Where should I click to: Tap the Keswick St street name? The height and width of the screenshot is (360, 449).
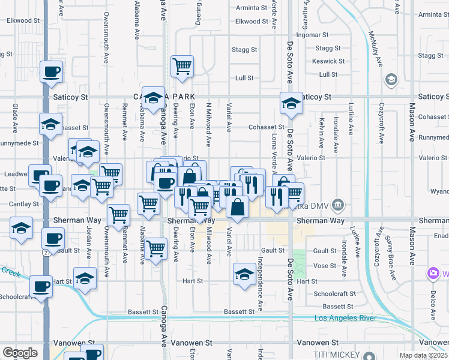(324, 61)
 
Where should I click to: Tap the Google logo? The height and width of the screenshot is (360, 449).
(20, 353)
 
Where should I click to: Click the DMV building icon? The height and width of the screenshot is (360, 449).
(338, 205)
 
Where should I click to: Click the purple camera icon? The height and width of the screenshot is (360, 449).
(433, 274)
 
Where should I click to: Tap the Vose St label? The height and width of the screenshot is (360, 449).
(324, 265)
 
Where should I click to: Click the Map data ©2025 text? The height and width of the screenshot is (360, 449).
(423, 355)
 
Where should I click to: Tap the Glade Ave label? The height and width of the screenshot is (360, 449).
(14, 118)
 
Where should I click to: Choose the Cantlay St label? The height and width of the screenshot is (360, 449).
(20, 204)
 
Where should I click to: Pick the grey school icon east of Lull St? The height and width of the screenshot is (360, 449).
(391, 79)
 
